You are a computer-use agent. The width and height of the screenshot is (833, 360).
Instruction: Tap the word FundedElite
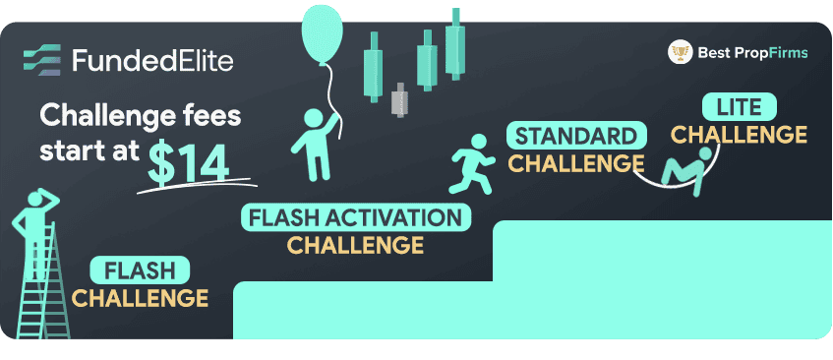coord(152,61)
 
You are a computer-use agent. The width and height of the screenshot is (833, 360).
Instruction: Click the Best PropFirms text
coord(752,52)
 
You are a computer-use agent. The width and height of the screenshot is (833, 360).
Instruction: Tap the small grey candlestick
coord(398,100)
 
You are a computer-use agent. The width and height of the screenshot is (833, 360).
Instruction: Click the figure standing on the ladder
coord(35,226)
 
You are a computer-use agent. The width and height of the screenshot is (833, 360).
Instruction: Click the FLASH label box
coord(139,270)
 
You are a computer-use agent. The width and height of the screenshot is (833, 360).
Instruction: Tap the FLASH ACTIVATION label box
coord(355,216)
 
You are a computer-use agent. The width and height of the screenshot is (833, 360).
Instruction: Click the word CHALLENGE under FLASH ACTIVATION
coord(355,244)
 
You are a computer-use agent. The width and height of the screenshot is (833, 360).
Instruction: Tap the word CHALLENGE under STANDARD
coord(576,162)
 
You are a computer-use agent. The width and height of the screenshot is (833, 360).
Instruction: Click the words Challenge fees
coord(140,119)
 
